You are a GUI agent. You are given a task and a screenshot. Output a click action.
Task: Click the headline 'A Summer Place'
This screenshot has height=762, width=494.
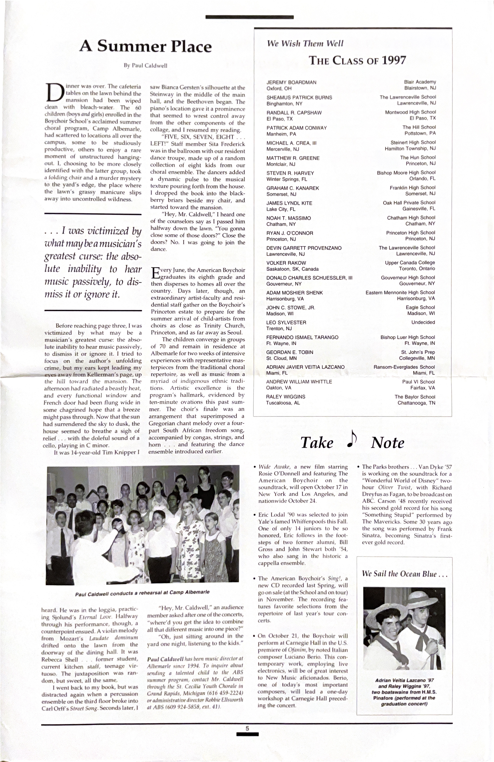(x=146, y=47)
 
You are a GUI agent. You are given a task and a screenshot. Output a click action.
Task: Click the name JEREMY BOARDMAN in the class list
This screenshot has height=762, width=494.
(x=291, y=82)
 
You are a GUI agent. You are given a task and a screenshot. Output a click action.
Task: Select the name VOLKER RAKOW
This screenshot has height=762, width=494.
(x=286, y=263)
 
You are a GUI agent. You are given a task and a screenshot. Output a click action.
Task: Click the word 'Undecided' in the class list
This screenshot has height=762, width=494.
(x=423, y=322)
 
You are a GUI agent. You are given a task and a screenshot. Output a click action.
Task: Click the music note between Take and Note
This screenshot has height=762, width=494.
(x=352, y=439)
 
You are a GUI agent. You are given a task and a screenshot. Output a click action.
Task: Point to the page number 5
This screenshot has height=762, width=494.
(x=247, y=728)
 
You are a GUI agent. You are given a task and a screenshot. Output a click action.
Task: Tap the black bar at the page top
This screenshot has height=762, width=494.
(x=250, y=17)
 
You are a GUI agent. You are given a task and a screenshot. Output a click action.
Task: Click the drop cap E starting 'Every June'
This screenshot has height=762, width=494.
(x=155, y=273)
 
